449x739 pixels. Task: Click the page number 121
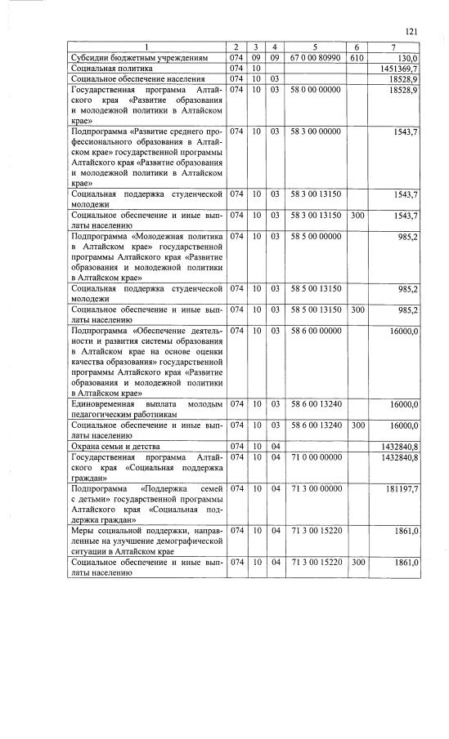tap(411, 31)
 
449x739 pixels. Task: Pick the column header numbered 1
tap(146, 48)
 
